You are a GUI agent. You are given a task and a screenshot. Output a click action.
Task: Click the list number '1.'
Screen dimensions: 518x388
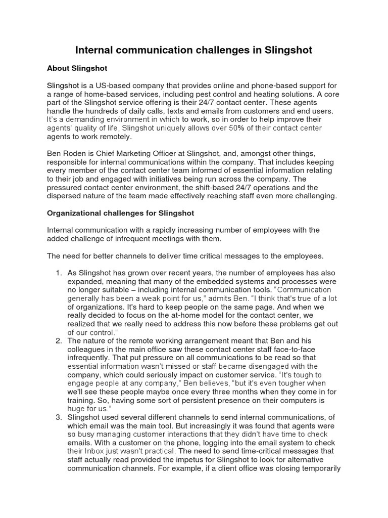tap(59, 273)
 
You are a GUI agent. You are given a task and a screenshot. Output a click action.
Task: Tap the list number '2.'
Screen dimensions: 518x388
tap(59, 341)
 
